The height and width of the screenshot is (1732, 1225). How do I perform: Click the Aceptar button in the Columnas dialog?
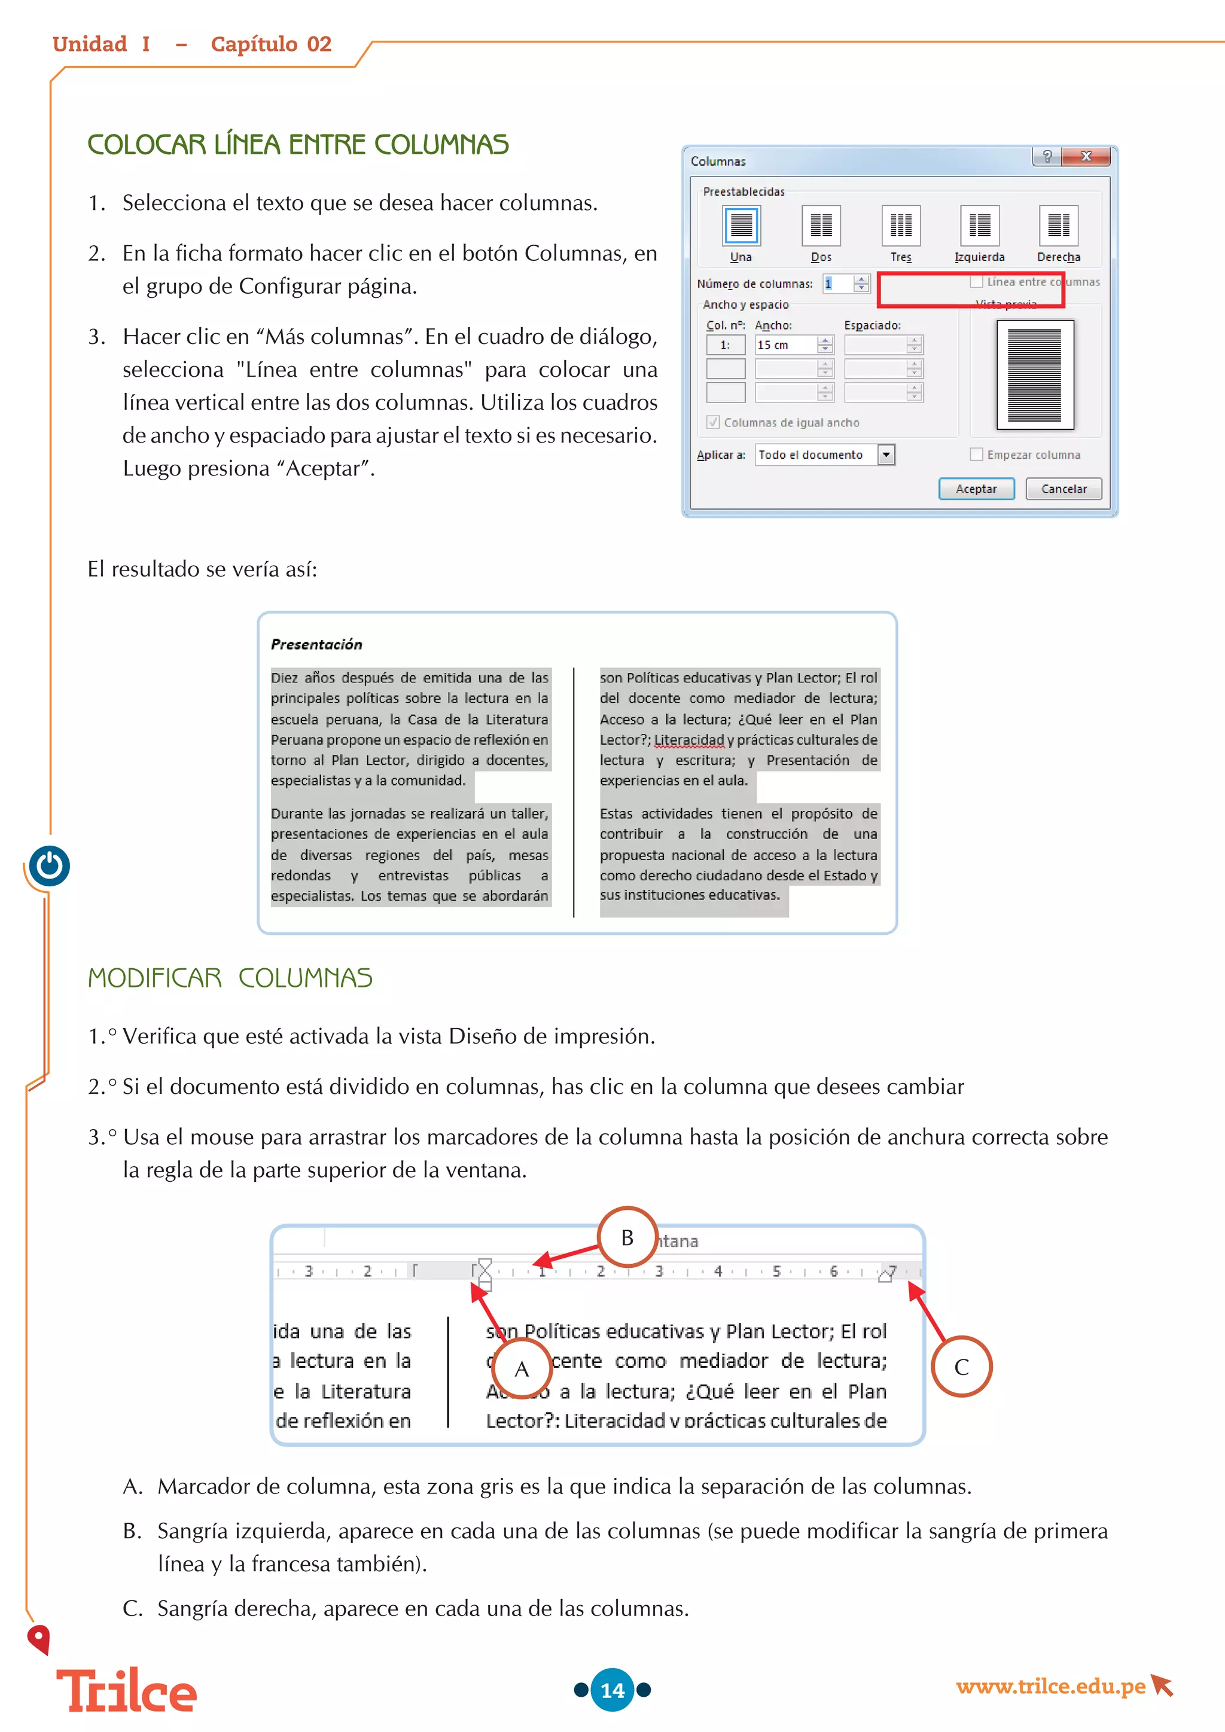(976, 489)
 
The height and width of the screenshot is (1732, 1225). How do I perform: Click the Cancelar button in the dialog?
(1063, 489)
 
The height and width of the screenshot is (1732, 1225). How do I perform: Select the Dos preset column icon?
(821, 225)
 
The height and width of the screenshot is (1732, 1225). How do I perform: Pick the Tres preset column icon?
(901, 225)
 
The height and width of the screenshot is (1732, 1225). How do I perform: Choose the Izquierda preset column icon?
(979, 225)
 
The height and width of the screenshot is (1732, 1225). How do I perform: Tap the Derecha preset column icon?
(1058, 225)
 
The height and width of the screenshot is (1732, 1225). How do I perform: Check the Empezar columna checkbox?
(977, 454)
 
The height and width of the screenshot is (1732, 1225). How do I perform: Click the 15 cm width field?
(785, 344)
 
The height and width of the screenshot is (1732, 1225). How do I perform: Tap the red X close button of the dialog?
(1086, 156)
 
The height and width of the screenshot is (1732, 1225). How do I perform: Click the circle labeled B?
(627, 1237)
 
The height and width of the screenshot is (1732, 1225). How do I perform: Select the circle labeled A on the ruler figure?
(521, 1368)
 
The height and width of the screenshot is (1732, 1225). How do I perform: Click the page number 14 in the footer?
(612, 1690)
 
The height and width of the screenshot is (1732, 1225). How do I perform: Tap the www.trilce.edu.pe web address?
(1050, 1685)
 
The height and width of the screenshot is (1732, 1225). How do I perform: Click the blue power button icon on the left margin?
(50, 865)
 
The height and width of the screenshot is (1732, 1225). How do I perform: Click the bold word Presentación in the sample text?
(316, 644)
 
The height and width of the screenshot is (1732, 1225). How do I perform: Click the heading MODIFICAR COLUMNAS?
(230, 978)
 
